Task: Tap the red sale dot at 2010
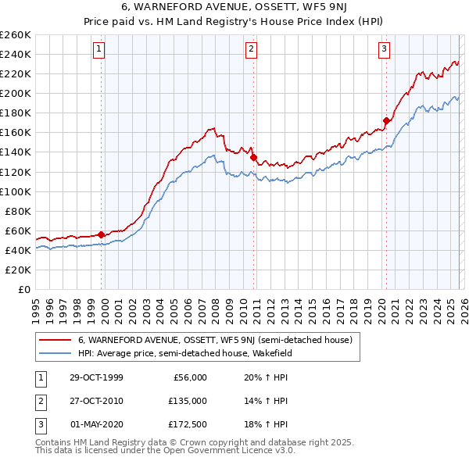pyautogui.click(x=254, y=157)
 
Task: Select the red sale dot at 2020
pyautogui.click(x=386, y=120)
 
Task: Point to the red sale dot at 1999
pyautogui.click(x=102, y=234)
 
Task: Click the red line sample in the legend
pyautogui.click(x=55, y=340)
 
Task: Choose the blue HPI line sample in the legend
pyautogui.click(x=55, y=352)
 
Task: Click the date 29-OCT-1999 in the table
pyautogui.click(x=96, y=377)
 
